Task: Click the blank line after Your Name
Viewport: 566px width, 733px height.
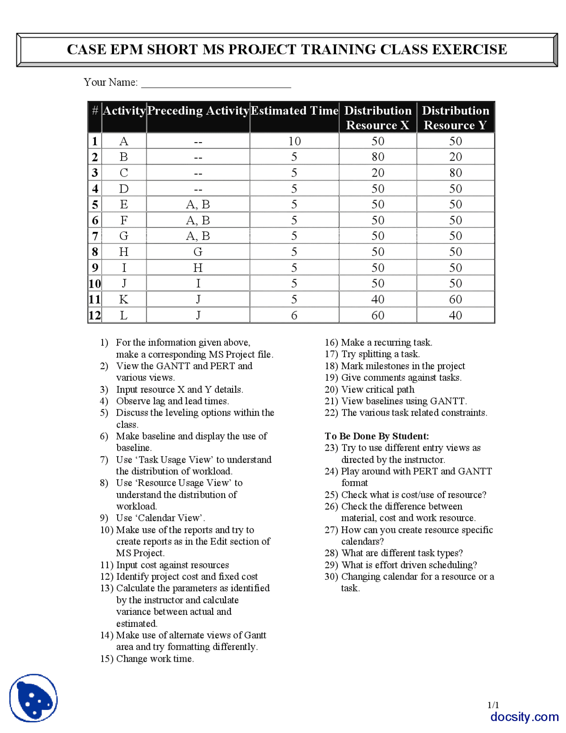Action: coord(216,84)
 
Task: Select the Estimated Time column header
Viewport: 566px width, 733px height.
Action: coord(294,111)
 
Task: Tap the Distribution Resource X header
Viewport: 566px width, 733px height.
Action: coord(378,118)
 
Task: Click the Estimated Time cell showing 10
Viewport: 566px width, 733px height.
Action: coord(294,141)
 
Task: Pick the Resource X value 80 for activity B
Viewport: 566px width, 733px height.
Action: coord(378,157)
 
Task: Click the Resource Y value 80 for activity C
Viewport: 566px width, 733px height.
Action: coord(455,173)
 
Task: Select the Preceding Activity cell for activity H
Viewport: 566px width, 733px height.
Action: coord(198,252)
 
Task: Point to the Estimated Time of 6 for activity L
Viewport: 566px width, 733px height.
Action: coord(294,315)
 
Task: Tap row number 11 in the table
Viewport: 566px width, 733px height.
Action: coord(95,300)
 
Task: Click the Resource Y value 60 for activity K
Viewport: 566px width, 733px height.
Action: coord(455,300)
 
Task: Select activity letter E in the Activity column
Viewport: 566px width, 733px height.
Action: coord(124,204)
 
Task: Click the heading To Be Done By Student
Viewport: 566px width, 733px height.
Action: coord(377,436)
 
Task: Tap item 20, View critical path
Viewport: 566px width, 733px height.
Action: coord(378,390)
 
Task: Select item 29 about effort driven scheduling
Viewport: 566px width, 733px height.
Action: coord(409,565)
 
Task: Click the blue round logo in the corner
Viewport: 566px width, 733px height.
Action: coord(34,698)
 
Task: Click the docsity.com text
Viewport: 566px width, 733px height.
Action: coord(524,717)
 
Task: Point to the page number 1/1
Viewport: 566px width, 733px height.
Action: coord(493,705)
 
